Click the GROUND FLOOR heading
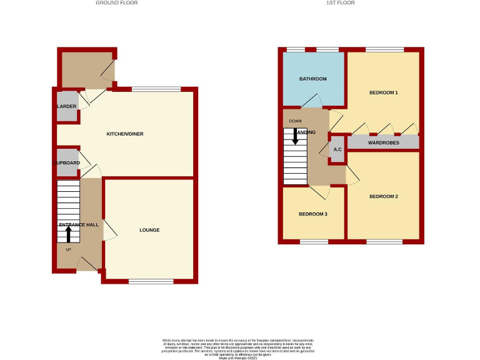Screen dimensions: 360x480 point(116,3)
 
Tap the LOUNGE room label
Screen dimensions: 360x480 point(149,230)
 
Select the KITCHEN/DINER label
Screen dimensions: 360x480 point(121,134)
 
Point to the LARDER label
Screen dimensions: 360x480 point(66,107)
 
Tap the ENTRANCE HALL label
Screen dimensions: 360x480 point(79,224)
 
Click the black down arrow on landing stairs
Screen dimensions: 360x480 point(296,137)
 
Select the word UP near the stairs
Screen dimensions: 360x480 point(69,249)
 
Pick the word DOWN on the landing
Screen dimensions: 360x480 point(296,121)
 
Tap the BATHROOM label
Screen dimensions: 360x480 point(312,79)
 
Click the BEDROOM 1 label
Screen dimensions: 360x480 point(383,93)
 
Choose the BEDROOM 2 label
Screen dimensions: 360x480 point(383,197)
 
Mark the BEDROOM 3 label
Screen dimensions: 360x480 point(312,214)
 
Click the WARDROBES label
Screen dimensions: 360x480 point(383,143)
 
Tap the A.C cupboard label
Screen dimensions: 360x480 point(337,150)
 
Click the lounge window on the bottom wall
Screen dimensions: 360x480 point(151,281)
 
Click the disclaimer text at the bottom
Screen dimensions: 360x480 point(240,347)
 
